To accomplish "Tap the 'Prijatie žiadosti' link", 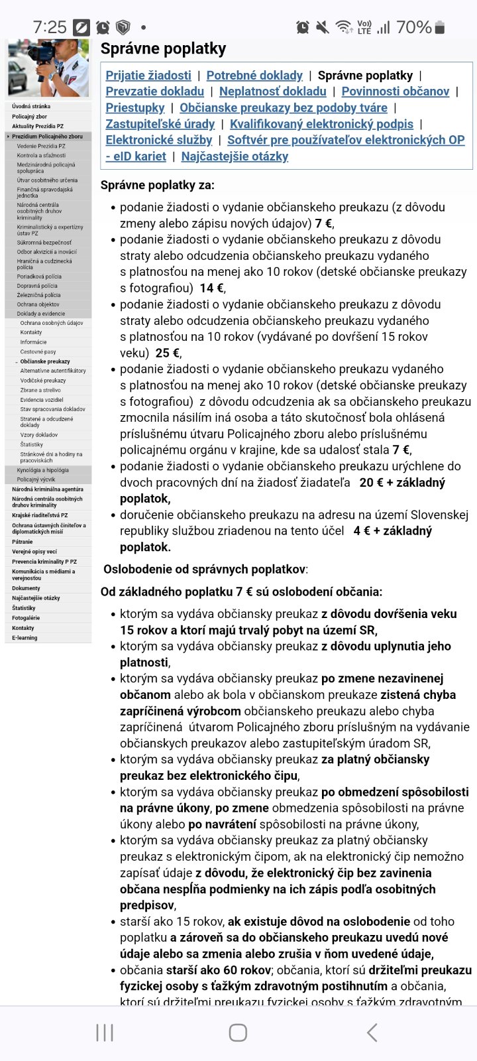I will click(x=148, y=76).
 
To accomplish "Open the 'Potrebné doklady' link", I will click(x=254, y=76).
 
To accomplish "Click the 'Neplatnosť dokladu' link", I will click(x=272, y=92).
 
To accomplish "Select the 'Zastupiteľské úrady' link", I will click(x=160, y=124).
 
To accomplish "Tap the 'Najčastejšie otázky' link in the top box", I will click(x=235, y=156).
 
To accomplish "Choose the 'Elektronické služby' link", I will click(x=159, y=140).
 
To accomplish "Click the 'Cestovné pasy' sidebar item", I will click(x=38, y=352).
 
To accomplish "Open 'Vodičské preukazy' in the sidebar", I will click(x=43, y=381).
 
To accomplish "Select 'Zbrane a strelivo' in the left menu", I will click(x=40, y=391).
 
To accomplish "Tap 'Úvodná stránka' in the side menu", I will click(x=31, y=106).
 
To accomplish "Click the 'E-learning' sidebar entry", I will click(x=25, y=638).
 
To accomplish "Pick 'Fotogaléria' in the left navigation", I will click(x=26, y=618).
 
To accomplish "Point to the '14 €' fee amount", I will click(x=212, y=288).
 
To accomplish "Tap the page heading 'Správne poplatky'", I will click(x=163, y=48).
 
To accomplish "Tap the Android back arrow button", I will click(x=372, y=1032).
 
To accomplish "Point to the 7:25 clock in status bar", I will click(x=50, y=27).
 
